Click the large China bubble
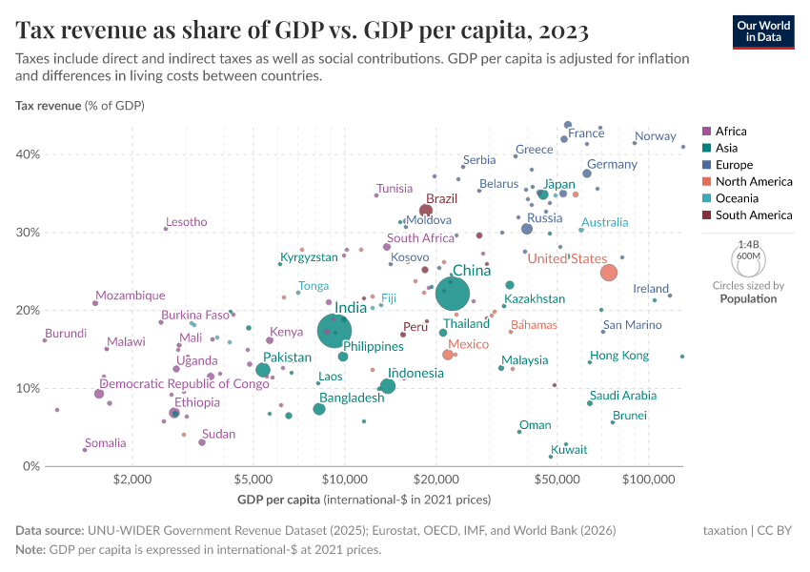click(x=453, y=295)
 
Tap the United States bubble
click(x=609, y=273)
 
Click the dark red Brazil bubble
click(x=426, y=211)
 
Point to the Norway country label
click(x=655, y=136)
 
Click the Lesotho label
click(x=187, y=222)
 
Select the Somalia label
click(x=105, y=443)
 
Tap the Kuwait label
click(x=569, y=450)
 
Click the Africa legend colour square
click(x=705, y=132)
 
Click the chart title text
click(x=302, y=31)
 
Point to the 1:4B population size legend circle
click(x=748, y=260)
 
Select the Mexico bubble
click(x=448, y=355)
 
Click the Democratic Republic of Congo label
click(x=185, y=384)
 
